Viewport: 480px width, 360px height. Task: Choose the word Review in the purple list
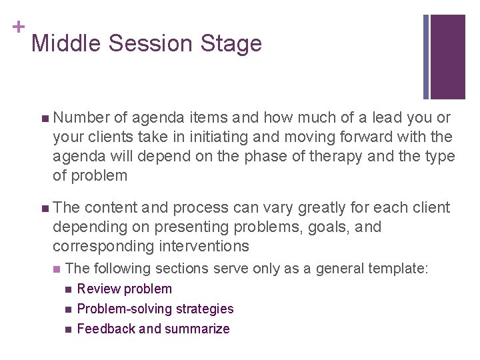tap(96, 289)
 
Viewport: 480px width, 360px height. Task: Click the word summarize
tap(197, 329)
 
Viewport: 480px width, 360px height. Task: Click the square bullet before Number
tap(44, 119)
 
